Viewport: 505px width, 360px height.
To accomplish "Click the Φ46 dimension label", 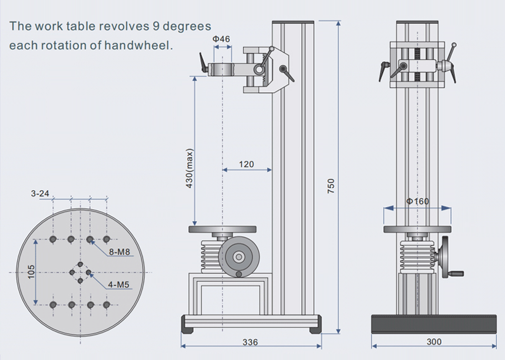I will pyautogui.click(x=221, y=39).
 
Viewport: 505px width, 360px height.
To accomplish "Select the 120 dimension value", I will pyautogui.click(x=246, y=164).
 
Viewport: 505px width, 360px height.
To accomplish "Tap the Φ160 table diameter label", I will pyautogui.click(x=417, y=201).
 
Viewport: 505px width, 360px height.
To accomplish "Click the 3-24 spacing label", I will pyautogui.click(x=41, y=194).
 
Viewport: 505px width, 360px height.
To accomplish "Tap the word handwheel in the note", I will pyautogui.click(x=144, y=46).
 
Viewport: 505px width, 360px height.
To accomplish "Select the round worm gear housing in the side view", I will pyautogui.click(x=238, y=256).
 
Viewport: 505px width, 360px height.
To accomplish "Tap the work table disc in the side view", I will pyautogui.click(x=223, y=230).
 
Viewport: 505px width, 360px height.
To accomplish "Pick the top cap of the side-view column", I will pyautogui.click(x=294, y=24).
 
